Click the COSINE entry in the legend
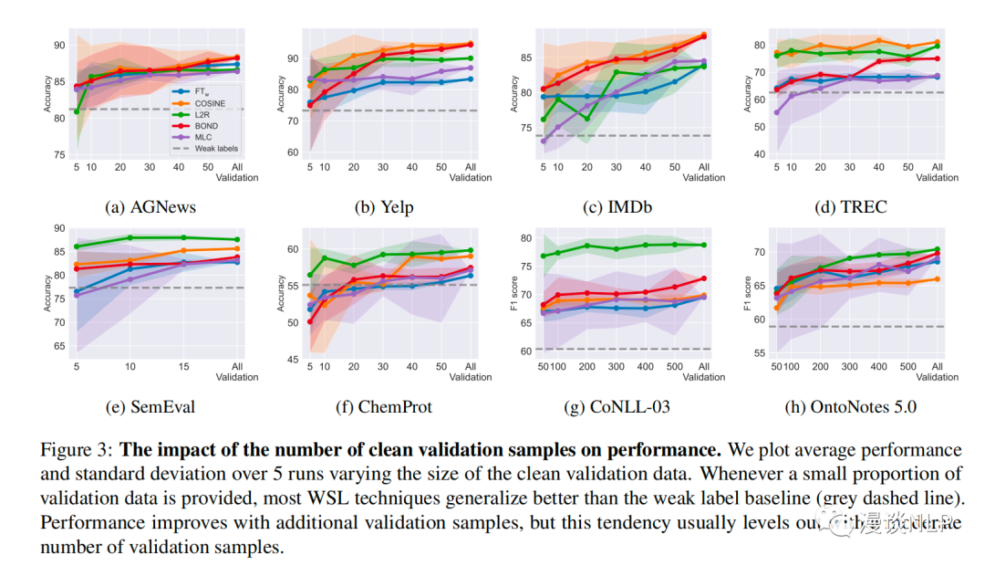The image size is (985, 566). [208, 103]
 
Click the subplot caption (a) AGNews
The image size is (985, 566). [151, 206]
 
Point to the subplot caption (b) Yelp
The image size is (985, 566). [385, 206]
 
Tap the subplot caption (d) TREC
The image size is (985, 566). [852, 206]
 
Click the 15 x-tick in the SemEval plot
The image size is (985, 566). [183, 366]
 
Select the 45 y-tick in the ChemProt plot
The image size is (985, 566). [293, 359]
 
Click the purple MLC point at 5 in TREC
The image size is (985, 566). [776, 112]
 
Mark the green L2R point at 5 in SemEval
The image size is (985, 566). [77, 246]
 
